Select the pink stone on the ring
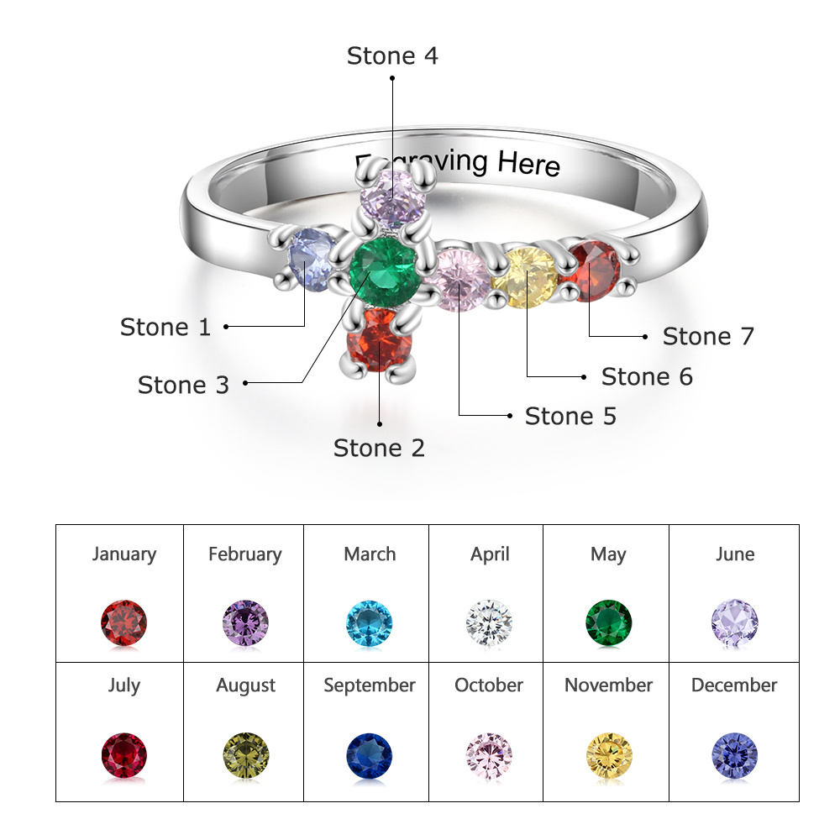pyautogui.click(x=459, y=280)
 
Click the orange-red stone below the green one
pyautogui.click(x=380, y=339)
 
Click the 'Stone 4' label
pyautogui.click(x=392, y=56)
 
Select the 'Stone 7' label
pyautogui.click(x=708, y=337)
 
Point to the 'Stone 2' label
pyautogui.click(x=379, y=449)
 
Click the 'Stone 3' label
pyautogui.click(x=183, y=386)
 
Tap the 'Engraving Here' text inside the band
pyautogui.click(x=458, y=161)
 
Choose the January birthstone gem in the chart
pyautogui.click(x=124, y=622)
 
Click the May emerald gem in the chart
pyautogui.click(x=608, y=622)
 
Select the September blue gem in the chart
pyautogui.click(x=370, y=755)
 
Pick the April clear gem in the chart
pyautogui.click(x=489, y=622)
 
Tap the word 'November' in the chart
pyautogui.click(x=608, y=685)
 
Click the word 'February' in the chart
pyautogui.click(x=244, y=554)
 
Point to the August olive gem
pyautogui.click(x=246, y=755)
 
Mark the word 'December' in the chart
pyautogui.click(x=734, y=685)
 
